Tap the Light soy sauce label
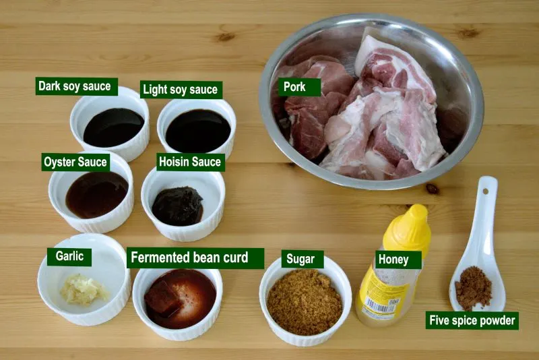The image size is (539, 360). coord(180,90)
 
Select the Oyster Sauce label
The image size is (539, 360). coord(75,162)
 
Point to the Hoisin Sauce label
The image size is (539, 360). coord(189,162)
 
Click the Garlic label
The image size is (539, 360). coord(69,257)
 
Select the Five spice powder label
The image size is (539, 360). coord(473,320)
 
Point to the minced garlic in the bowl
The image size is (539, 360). coord(84,291)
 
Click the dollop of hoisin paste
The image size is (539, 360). coord(177,206)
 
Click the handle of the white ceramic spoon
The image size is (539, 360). coord(484,209)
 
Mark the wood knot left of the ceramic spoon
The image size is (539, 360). coord(432,189)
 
